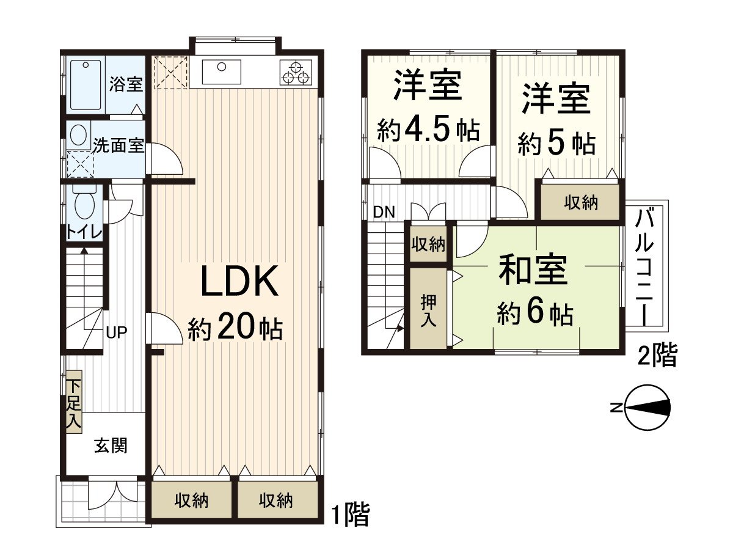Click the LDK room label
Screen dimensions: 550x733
click(x=240, y=283)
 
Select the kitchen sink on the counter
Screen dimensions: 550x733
click(x=221, y=71)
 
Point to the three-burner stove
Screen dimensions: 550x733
click(x=296, y=72)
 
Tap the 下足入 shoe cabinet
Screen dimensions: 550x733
click(x=75, y=402)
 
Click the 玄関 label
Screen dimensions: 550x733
click(x=111, y=446)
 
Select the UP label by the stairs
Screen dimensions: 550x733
click(x=116, y=333)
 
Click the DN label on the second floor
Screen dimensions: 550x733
click(x=384, y=213)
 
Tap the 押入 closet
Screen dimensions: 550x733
click(x=428, y=310)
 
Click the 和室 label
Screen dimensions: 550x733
click(x=533, y=271)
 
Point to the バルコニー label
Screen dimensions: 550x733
click(x=645, y=264)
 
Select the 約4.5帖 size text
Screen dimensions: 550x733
click(x=428, y=130)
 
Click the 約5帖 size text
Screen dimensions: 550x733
click(x=556, y=144)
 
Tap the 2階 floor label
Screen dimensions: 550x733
click(x=657, y=356)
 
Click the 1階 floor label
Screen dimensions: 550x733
click(x=351, y=515)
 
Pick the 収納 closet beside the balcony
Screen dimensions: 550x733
click(x=580, y=202)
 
